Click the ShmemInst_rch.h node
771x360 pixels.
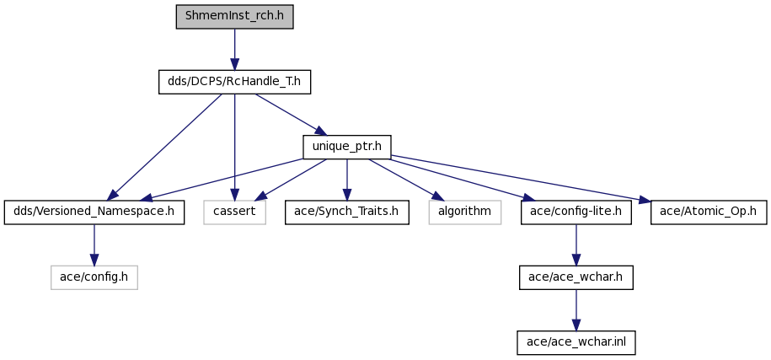click(x=234, y=17)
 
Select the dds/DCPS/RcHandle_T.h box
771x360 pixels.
click(x=234, y=82)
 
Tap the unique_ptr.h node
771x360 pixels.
click(x=347, y=147)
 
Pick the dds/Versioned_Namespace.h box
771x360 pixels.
click(x=94, y=212)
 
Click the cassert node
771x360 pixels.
click(x=234, y=212)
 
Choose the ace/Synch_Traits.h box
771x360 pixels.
click(x=346, y=212)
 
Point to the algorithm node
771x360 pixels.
click(x=464, y=212)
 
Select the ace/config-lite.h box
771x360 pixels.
click(x=576, y=212)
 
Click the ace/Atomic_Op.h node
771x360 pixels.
click(x=709, y=212)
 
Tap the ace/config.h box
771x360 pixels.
click(x=94, y=277)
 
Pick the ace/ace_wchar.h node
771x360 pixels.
click(x=576, y=277)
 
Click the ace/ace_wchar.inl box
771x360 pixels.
click(x=576, y=342)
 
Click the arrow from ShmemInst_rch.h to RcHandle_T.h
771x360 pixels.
click(x=234, y=50)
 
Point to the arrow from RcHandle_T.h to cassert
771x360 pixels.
click(x=234, y=147)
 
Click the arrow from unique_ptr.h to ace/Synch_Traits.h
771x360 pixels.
click(x=346, y=180)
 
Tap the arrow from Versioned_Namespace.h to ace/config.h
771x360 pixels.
click(x=94, y=244)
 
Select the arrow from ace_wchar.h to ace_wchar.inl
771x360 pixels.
click(x=576, y=310)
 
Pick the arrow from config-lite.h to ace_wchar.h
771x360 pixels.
click(x=576, y=244)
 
